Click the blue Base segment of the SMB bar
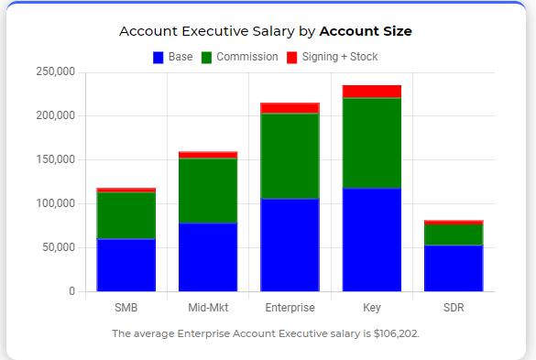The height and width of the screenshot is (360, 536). (x=126, y=265)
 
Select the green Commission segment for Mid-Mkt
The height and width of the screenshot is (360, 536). (x=208, y=191)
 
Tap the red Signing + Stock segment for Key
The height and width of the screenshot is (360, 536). (x=372, y=92)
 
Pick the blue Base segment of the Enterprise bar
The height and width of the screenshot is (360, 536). (x=290, y=245)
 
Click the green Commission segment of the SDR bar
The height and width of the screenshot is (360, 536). (x=454, y=235)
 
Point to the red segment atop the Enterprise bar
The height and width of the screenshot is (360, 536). (x=290, y=108)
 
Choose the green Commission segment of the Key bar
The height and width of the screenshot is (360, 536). (x=372, y=143)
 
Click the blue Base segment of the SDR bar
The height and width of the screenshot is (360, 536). (x=454, y=268)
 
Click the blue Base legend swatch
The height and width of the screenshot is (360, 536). (x=159, y=58)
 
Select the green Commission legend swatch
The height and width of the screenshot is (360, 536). (x=206, y=58)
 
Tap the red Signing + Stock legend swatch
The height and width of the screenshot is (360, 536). (x=292, y=58)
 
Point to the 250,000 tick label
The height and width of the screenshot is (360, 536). (x=55, y=71)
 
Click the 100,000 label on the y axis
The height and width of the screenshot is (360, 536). (x=55, y=203)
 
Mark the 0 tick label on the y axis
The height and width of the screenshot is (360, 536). (x=71, y=291)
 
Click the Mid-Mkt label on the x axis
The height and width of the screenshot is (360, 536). (x=208, y=308)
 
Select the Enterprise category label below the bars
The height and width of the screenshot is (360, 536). (x=290, y=308)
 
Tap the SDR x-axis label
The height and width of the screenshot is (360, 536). (x=454, y=308)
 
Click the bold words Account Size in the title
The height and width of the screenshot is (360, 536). (x=366, y=31)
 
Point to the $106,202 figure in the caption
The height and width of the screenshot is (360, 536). (x=396, y=333)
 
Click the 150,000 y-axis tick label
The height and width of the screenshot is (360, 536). (x=55, y=159)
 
